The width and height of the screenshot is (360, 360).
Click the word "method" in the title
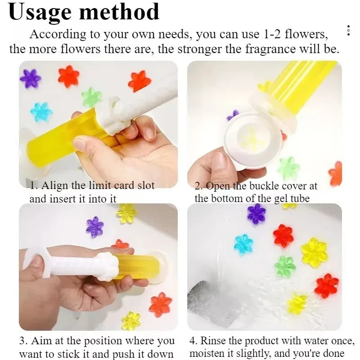point(121,12)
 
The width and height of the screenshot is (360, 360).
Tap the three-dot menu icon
point(348,31)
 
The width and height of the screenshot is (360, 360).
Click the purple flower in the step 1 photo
point(31,78)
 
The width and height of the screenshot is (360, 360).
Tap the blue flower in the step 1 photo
point(41,112)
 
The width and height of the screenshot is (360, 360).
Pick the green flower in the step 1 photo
point(91,97)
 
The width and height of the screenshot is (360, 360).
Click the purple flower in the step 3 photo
point(95,226)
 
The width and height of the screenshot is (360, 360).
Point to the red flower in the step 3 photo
point(160,304)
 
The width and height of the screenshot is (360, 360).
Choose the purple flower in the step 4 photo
point(256,214)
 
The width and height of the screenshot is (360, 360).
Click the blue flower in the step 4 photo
point(243,244)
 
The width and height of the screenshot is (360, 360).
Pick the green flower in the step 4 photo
point(285,266)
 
